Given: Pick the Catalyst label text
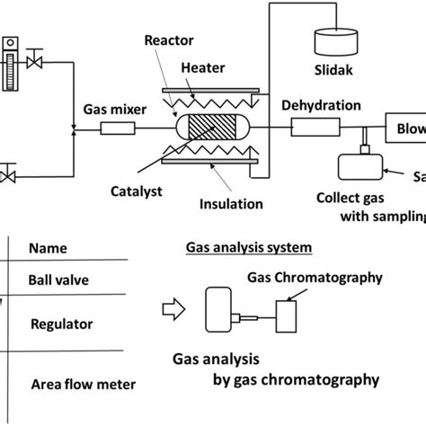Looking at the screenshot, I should point(135,191).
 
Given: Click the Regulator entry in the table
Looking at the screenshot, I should point(59,322).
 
